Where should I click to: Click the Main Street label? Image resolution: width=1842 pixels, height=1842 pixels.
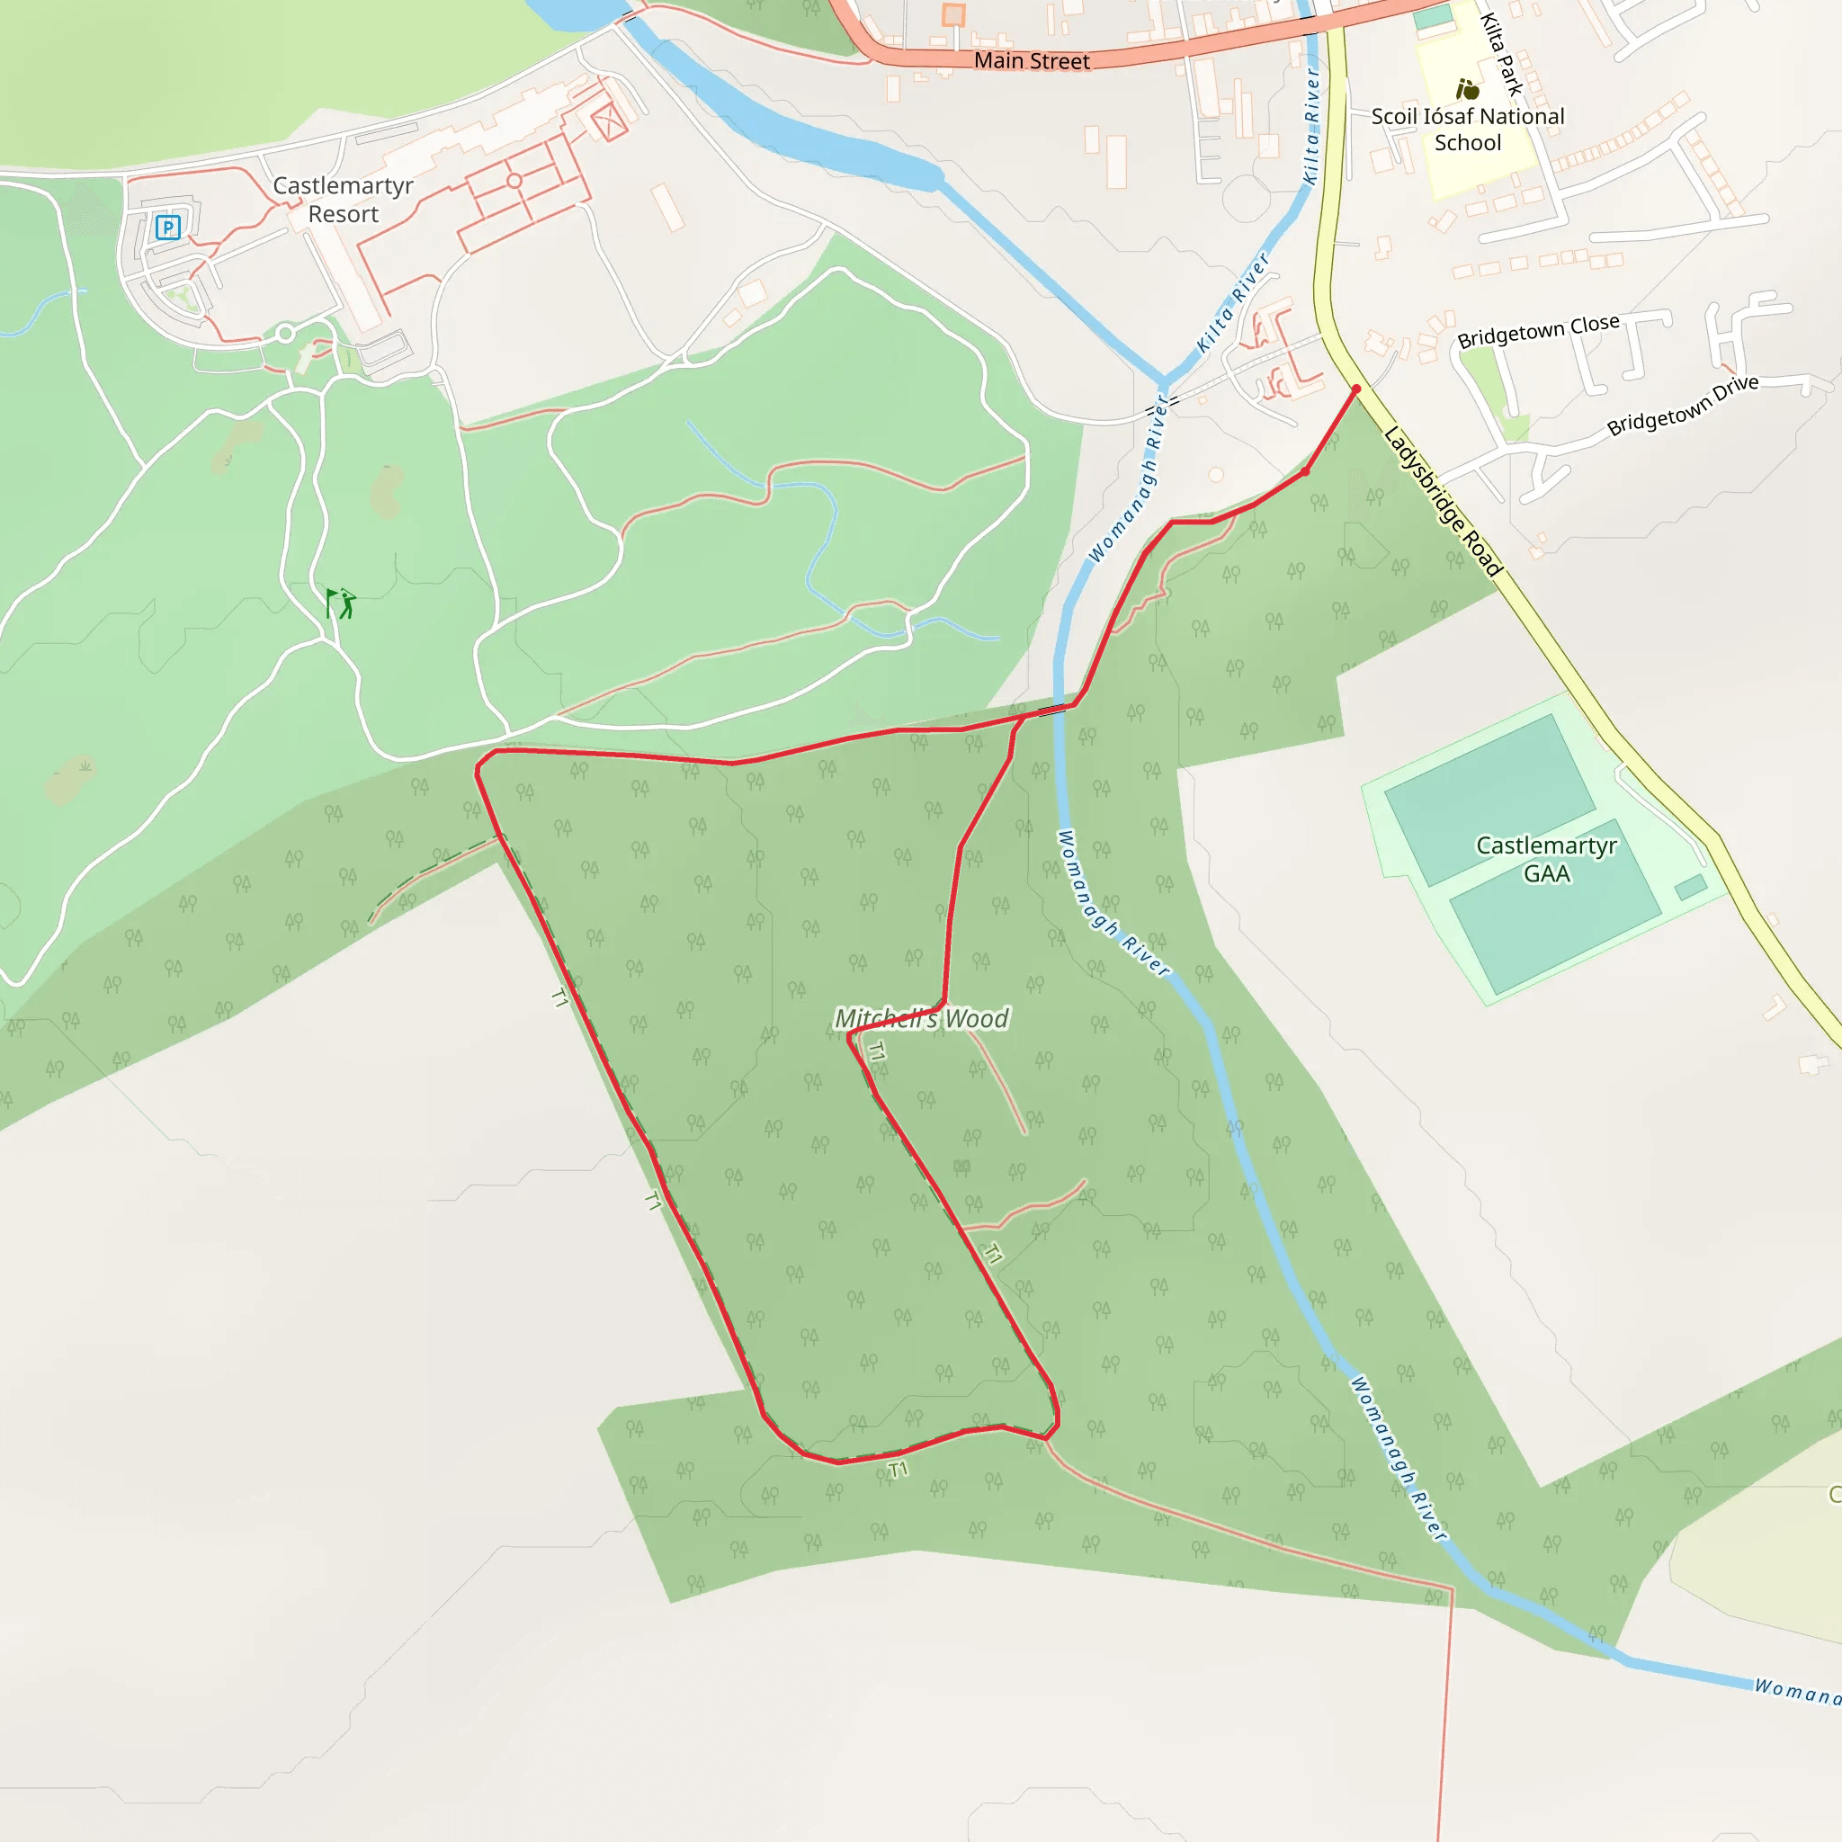[x=1031, y=61]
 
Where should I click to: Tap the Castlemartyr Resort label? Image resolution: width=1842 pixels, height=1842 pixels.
[x=344, y=200]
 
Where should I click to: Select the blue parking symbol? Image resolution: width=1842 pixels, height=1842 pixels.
[x=168, y=227]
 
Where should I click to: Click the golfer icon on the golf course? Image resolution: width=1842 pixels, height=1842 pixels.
[x=341, y=603]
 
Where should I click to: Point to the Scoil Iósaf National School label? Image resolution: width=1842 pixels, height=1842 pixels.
[x=1467, y=130]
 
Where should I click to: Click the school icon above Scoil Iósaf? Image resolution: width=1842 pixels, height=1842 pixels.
[x=1467, y=90]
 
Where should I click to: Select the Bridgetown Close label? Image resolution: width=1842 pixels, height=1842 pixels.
[x=1538, y=331]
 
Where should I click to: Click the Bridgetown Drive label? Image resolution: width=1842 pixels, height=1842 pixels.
[x=1682, y=406]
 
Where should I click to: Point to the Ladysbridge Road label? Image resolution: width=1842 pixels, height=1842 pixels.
[x=1443, y=502]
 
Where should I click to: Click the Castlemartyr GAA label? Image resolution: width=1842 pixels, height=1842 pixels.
[x=1545, y=859]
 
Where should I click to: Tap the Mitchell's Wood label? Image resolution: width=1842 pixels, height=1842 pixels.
[x=921, y=1018]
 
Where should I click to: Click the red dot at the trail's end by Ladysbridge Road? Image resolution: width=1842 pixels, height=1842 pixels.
[x=1355, y=389]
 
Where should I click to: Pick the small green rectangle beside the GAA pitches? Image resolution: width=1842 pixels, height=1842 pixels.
[x=1690, y=888]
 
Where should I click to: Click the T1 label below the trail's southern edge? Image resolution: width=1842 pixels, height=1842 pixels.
[x=897, y=1470]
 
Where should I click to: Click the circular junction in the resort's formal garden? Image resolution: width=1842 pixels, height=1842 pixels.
[x=514, y=180]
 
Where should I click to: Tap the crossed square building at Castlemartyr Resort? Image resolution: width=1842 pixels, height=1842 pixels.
[x=608, y=121]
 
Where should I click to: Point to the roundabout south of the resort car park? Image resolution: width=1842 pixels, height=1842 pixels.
[x=285, y=334]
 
